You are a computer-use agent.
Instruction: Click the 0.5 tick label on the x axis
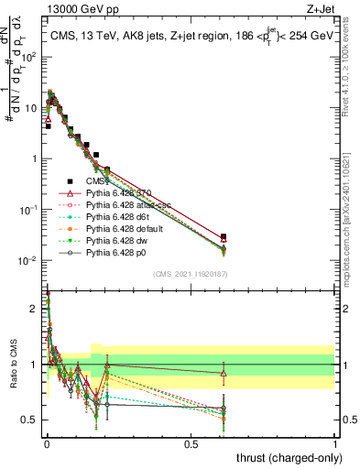tap(191, 443)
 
